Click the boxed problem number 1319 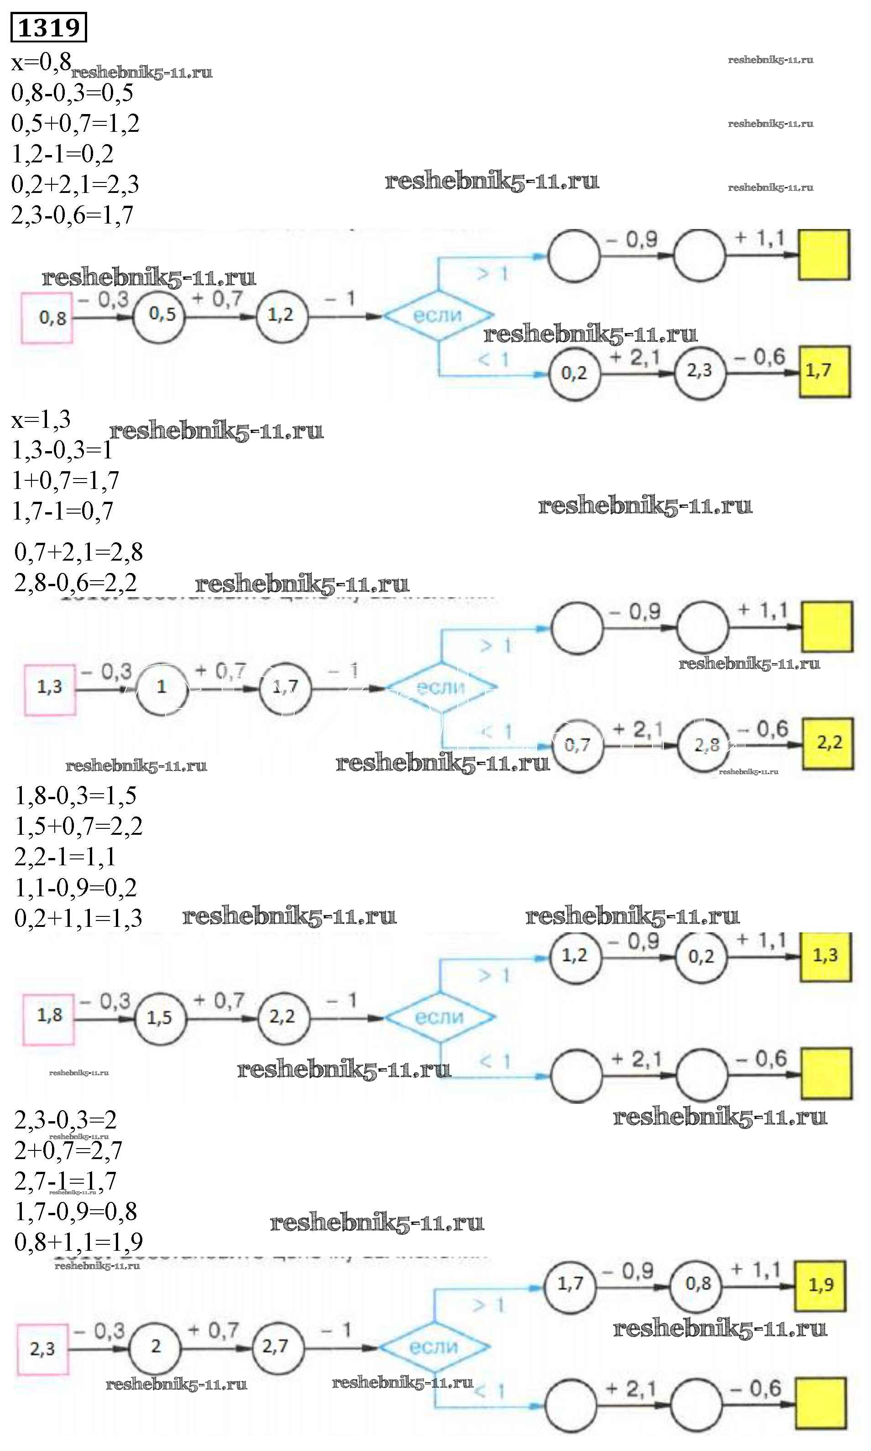[49, 27]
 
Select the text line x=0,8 [41, 62]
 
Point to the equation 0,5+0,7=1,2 [75, 123]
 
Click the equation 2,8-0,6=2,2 [75, 582]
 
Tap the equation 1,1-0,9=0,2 [75, 888]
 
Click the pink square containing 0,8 [47, 317]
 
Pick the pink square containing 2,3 [43, 1349]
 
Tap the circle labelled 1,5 [160, 1018]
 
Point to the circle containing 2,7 [278, 1346]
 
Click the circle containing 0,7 [578, 745]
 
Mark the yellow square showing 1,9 [820, 1285]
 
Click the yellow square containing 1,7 [824, 371]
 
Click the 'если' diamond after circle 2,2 [440, 1017]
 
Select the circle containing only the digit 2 [155, 1347]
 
